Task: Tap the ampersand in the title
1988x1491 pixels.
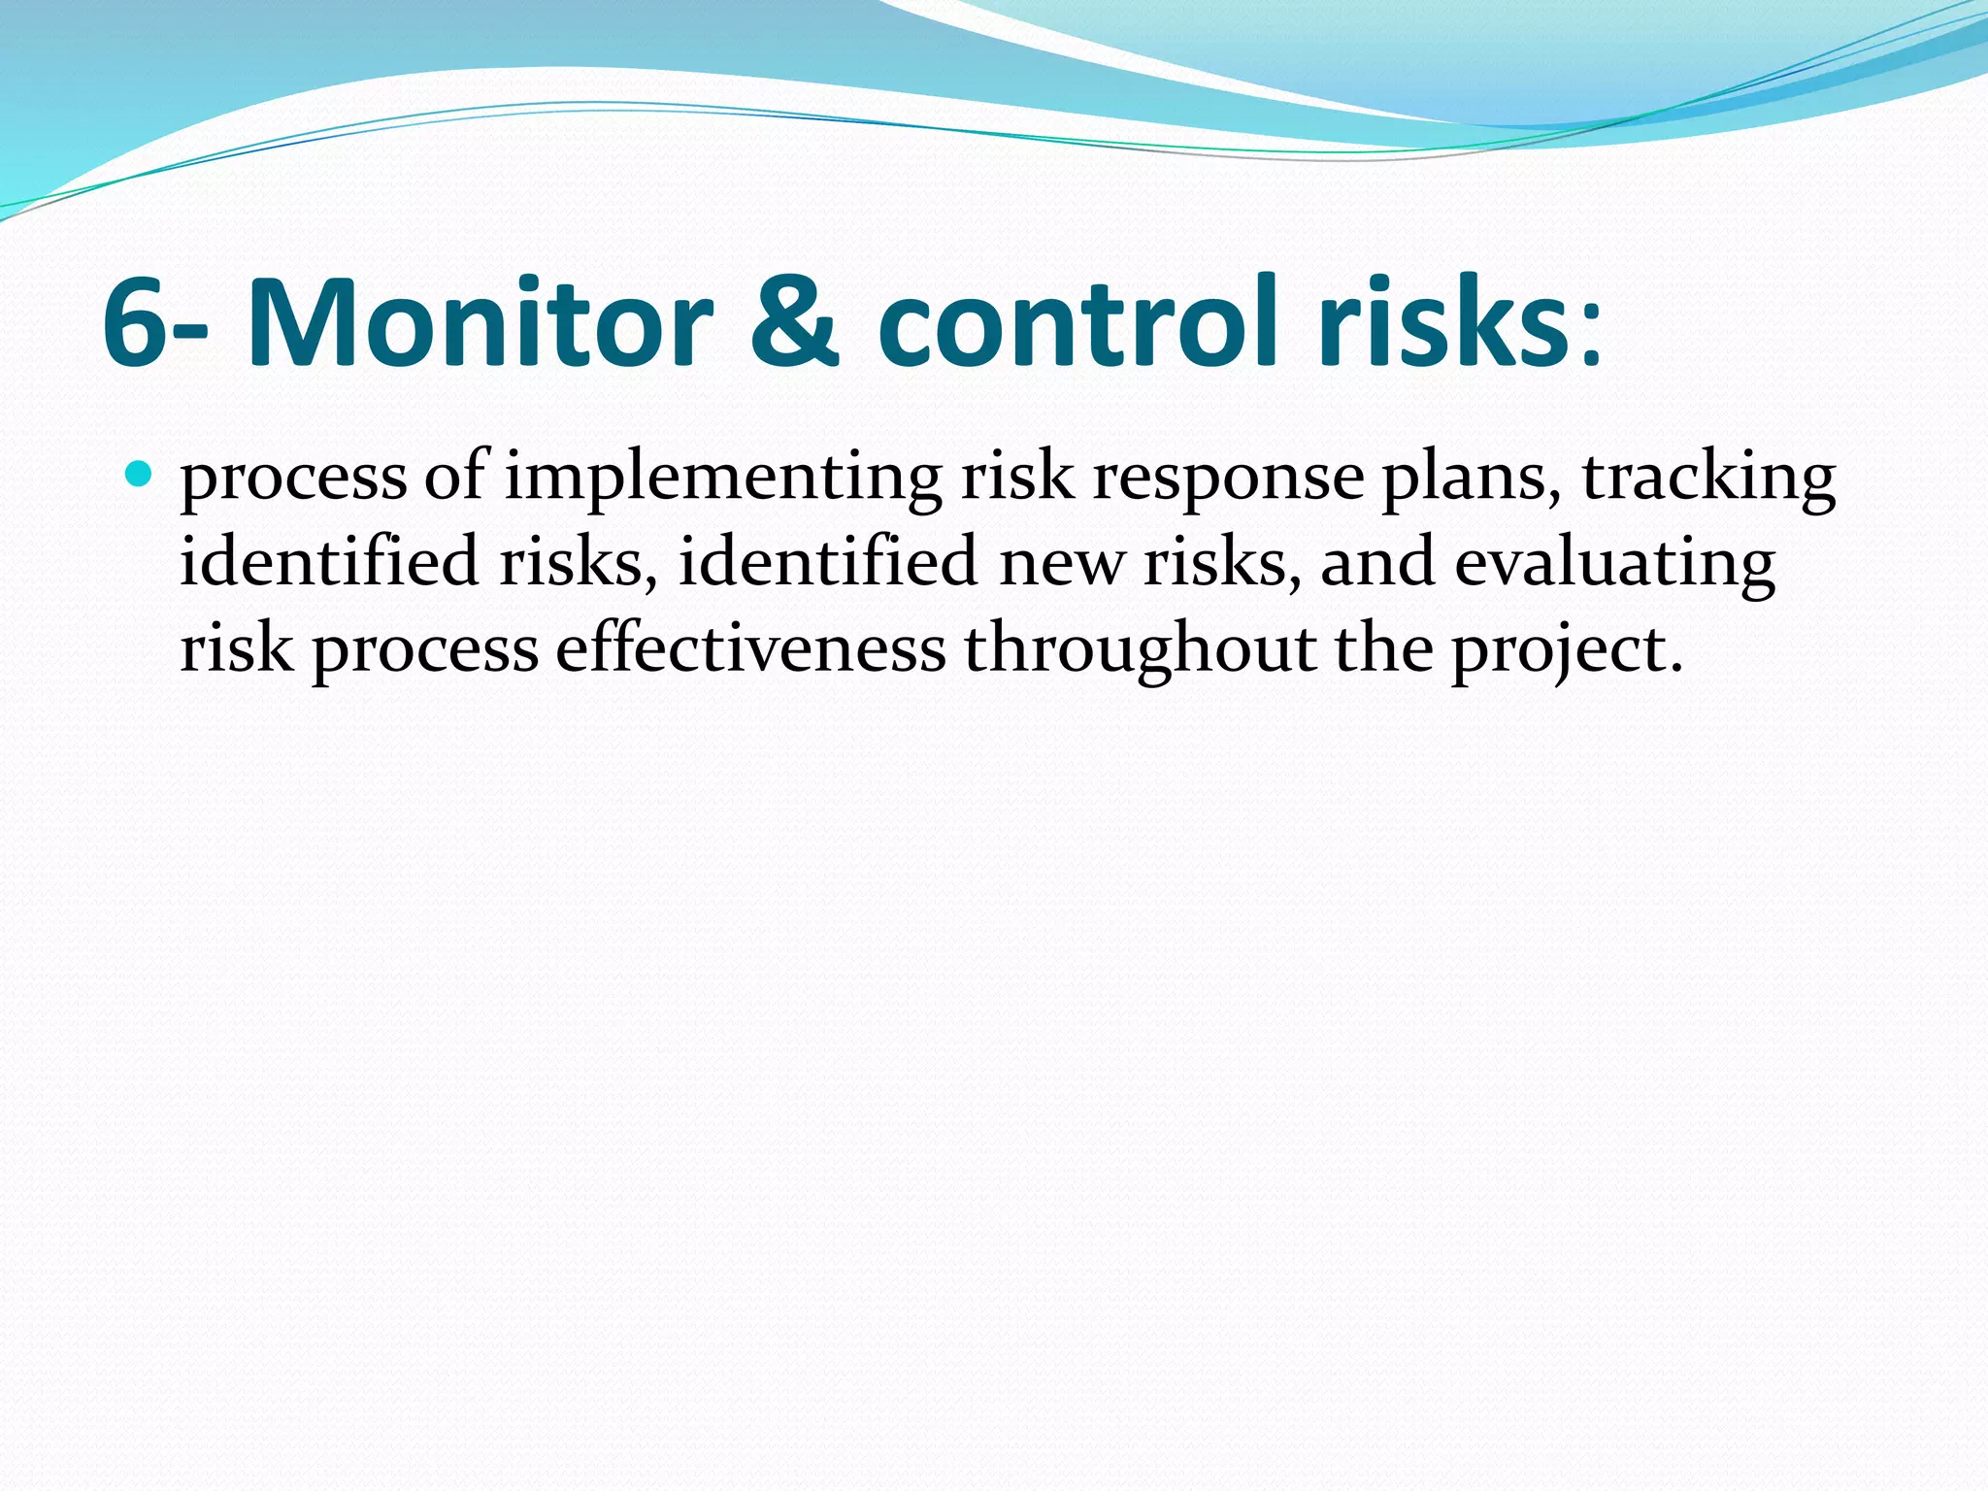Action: point(795,323)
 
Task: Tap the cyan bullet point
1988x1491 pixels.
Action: point(140,475)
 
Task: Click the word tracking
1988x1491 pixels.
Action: point(1708,479)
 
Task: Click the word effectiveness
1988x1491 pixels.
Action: point(750,649)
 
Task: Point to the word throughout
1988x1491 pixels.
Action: point(1140,649)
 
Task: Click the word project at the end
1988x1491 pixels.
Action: point(1566,649)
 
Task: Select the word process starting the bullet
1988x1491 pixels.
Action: point(293,479)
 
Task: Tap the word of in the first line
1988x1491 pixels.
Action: point(454,479)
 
